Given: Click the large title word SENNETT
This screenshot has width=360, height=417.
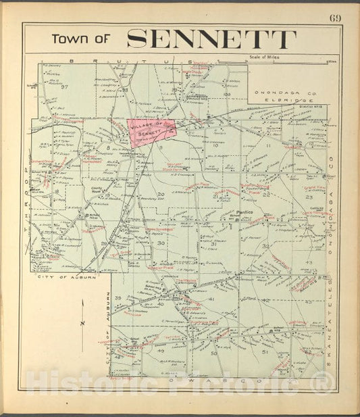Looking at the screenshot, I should tap(211, 39).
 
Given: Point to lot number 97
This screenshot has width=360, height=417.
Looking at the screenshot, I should tap(66, 87).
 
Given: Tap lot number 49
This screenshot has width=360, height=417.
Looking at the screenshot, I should tap(161, 351).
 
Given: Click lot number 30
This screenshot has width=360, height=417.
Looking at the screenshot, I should tap(161, 243).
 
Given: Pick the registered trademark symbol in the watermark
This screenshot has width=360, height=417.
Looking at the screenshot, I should tap(326, 385).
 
